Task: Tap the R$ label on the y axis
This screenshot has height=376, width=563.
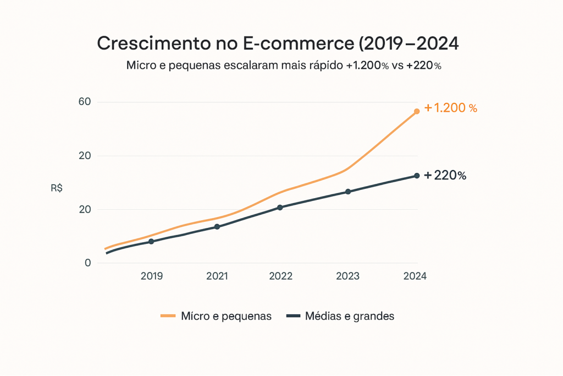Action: coord(56,188)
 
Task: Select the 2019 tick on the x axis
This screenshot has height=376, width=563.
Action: coord(151,276)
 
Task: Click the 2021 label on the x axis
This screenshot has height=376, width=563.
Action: coord(217,276)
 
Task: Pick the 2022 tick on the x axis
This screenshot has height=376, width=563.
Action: coord(280,276)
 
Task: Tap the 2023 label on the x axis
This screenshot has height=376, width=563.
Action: coord(348,276)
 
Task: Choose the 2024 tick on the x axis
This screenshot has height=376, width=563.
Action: coord(415,276)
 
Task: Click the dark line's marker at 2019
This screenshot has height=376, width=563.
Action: coord(151,242)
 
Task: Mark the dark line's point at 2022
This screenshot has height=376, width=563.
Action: coord(280,208)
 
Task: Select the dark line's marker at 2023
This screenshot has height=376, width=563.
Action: coord(348,192)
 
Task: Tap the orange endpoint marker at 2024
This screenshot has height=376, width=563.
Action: coord(417,111)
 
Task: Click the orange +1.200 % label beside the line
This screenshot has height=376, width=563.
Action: coord(450,108)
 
